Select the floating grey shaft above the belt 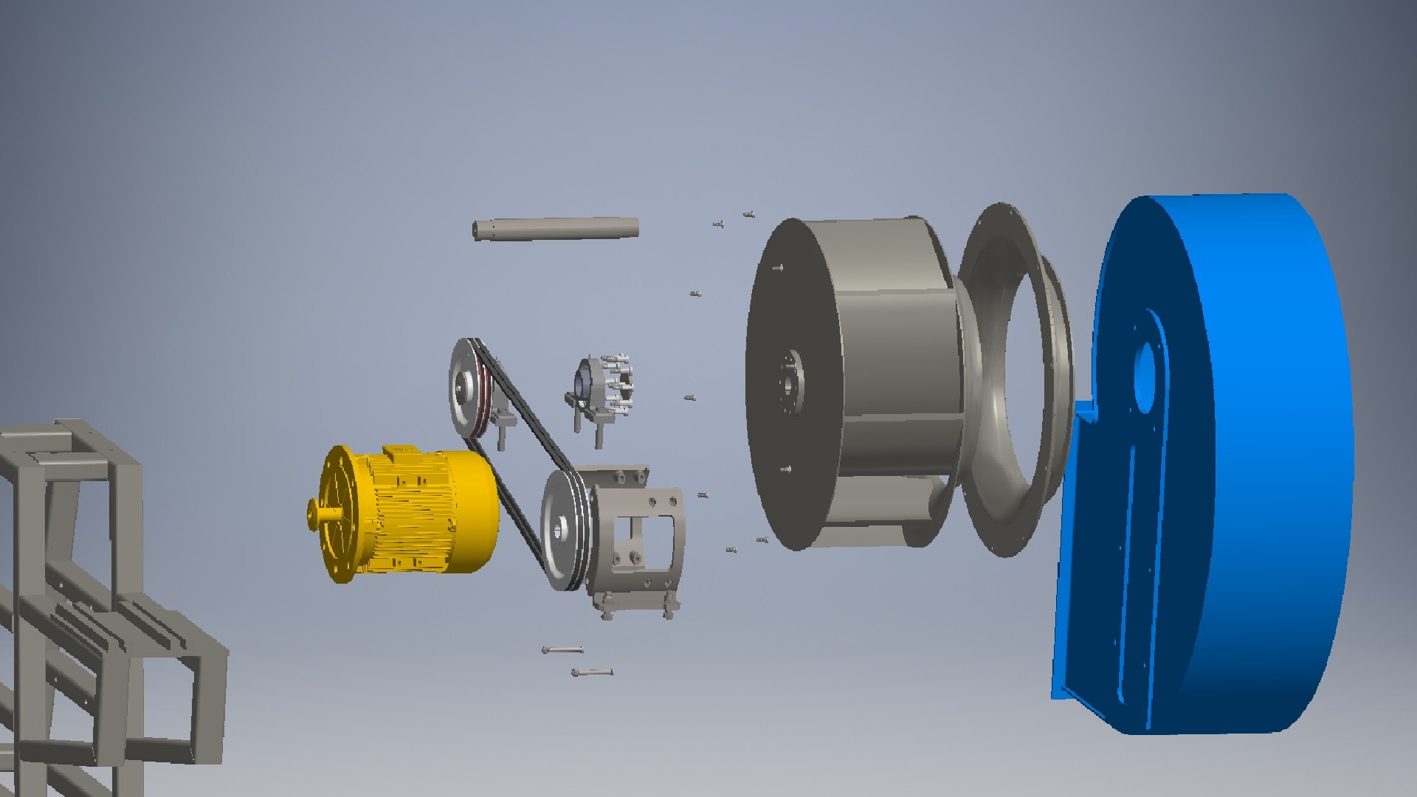[x=555, y=228]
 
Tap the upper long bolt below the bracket [x=562, y=650]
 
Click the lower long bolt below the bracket [x=592, y=672]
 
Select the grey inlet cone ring [x=1015, y=376]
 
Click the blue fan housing [x=1255, y=458]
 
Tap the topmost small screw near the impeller [x=748, y=214]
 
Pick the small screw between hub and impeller [x=690, y=398]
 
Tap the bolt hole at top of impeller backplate [x=778, y=268]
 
